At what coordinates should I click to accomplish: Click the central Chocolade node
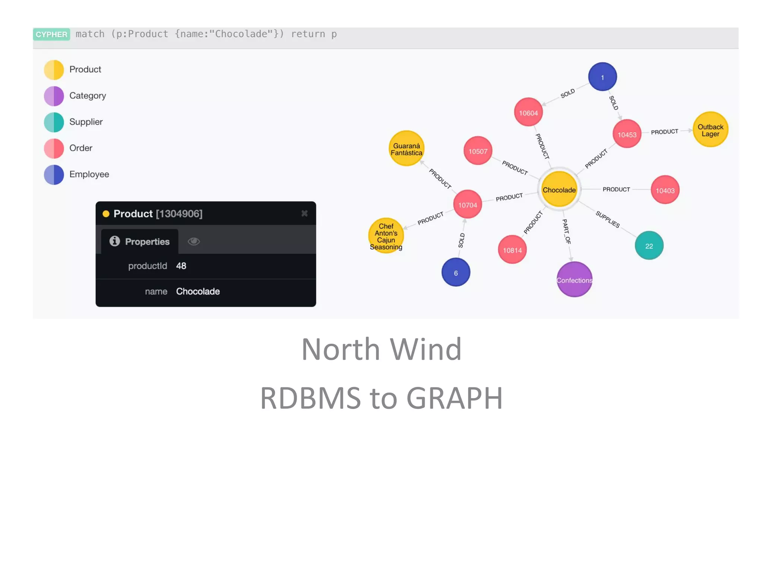(559, 190)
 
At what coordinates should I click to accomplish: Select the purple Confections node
(574, 279)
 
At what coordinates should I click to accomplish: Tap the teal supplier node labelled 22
(649, 246)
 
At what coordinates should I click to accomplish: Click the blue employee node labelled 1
(602, 77)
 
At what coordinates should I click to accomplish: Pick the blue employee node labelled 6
(456, 273)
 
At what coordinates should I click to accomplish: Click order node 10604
(528, 112)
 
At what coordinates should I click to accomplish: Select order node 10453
(627, 134)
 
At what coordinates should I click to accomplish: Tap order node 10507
(478, 151)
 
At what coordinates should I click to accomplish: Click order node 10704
(468, 204)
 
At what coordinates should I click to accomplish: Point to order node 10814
(512, 250)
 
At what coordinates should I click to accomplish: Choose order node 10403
(665, 190)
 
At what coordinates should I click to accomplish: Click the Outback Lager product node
(710, 130)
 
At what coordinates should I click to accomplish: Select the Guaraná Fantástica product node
(406, 149)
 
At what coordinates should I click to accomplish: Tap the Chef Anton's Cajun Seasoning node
(386, 236)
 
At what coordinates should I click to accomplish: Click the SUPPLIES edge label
(608, 219)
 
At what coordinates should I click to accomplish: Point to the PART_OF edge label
(566, 231)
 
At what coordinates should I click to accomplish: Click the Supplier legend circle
(54, 122)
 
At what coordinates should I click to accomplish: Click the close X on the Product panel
(304, 213)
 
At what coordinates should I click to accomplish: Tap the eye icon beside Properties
(194, 241)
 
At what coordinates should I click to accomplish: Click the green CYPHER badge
(52, 34)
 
